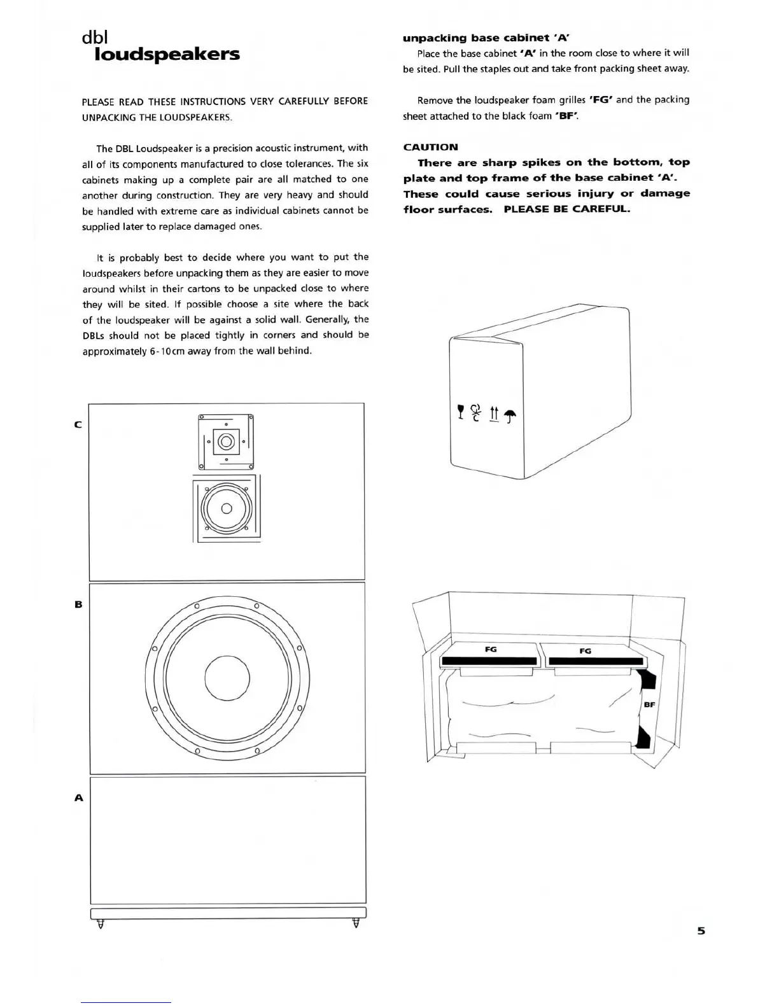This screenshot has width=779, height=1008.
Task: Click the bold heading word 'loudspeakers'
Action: click(167, 54)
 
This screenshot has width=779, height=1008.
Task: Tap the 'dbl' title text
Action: click(95, 38)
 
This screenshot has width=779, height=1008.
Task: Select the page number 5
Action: click(701, 930)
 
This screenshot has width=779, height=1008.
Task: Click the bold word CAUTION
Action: click(430, 147)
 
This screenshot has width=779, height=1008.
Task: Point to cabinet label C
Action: click(78, 424)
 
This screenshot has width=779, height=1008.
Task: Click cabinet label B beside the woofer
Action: click(78, 604)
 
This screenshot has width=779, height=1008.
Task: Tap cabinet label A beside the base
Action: click(79, 797)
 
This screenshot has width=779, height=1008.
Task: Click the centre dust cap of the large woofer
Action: click(227, 677)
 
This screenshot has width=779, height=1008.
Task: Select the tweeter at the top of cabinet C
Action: click(227, 441)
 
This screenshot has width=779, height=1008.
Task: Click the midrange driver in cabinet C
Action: click(227, 508)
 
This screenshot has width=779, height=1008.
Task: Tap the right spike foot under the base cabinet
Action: click(356, 923)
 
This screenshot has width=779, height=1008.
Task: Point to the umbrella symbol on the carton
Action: click(510, 416)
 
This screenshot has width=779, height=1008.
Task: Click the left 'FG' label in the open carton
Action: click(491, 649)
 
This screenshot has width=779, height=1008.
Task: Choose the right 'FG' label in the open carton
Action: click(586, 650)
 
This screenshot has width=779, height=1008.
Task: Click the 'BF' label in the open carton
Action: click(649, 704)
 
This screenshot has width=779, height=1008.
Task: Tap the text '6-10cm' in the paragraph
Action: click(167, 351)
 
